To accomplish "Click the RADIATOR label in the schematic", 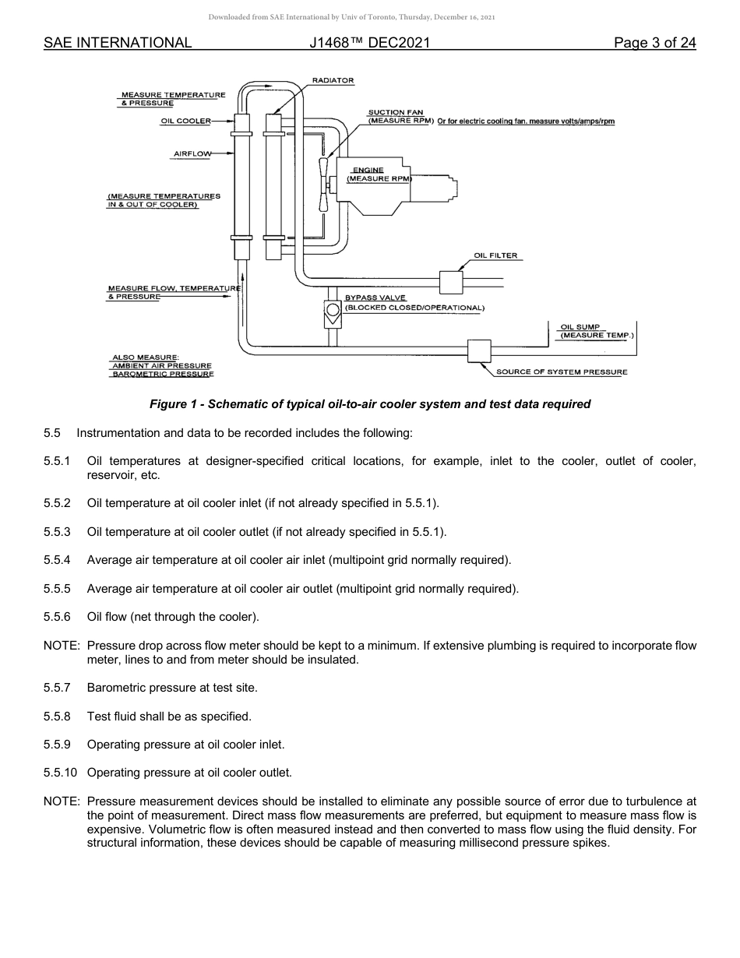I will [333, 81].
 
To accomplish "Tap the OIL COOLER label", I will [185, 121].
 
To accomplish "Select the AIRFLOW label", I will [192, 154].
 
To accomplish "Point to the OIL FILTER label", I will [495, 255].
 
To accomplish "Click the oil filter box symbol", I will [451, 281].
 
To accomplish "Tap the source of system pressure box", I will [479, 351].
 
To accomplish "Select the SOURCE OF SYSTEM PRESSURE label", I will [562, 372].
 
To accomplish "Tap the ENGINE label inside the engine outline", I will [368, 170].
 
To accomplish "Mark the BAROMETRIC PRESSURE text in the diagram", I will [163, 375].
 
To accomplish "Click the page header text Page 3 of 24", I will [654, 43].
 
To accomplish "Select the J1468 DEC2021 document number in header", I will [369, 43].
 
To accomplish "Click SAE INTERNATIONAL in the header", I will [118, 43].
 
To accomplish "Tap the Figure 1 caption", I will [370, 404].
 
